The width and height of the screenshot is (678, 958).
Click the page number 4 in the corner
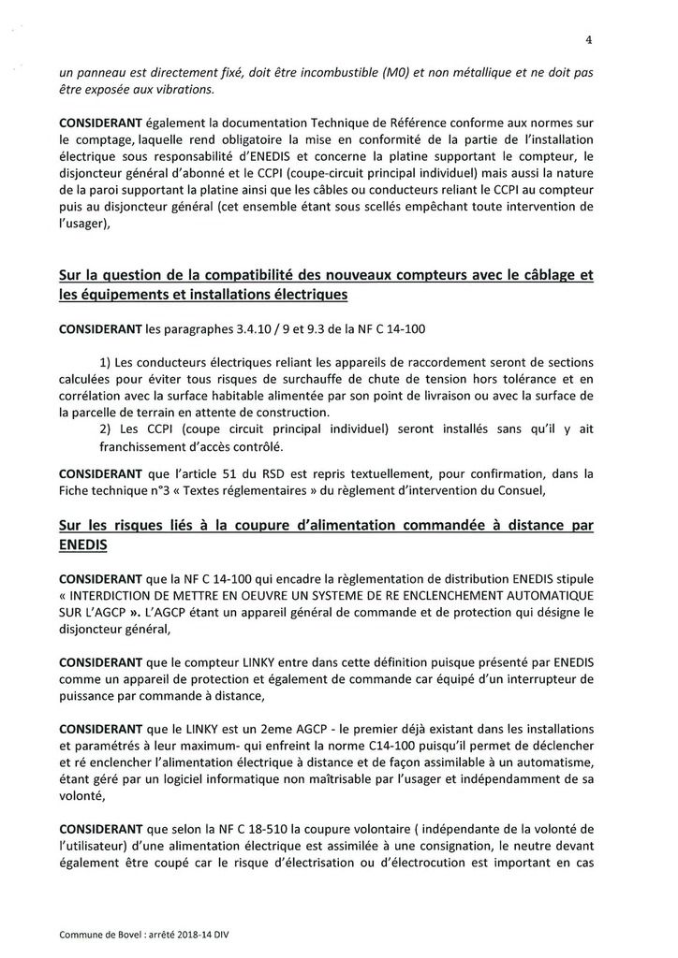(588, 39)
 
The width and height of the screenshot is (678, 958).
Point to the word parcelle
(94, 412)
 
